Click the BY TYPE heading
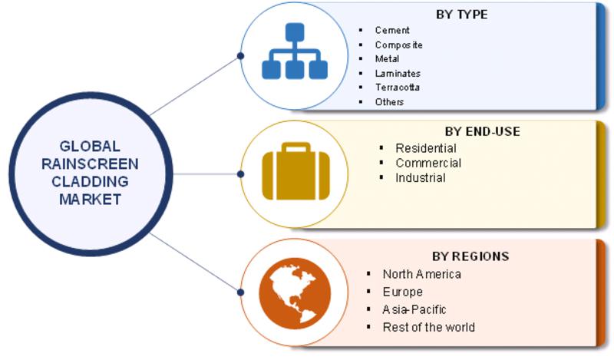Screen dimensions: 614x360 pyautogui.click(x=462, y=15)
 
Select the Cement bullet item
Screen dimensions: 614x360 pyautogui.click(x=392, y=30)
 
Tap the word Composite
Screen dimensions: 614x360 pyautogui.click(x=398, y=45)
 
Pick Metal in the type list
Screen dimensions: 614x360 pyautogui.click(x=387, y=59)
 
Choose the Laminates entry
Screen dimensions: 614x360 pyautogui.click(x=398, y=73)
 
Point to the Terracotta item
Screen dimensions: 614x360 pyautogui.click(x=397, y=88)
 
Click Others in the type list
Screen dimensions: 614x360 pyautogui.click(x=389, y=102)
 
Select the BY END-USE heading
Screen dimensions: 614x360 pyautogui.click(x=483, y=131)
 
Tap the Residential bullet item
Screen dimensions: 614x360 pyautogui.click(x=426, y=148)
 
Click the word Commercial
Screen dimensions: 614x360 pyautogui.click(x=428, y=163)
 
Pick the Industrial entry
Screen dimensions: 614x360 pyautogui.click(x=420, y=178)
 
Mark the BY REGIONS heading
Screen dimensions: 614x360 pyautogui.click(x=470, y=256)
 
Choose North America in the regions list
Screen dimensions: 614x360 pyautogui.click(x=421, y=274)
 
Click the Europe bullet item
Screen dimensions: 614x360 pyautogui.click(x=402, y=292)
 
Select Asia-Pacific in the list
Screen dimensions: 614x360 pyautogui.click(x=414, y=309)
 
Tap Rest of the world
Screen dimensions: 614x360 pyautogui.click(x=428, y=327)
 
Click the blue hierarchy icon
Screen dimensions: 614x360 pyautogui.click(x=295, y=51)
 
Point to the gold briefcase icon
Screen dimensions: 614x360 pyautogui.click(x=295, y=171)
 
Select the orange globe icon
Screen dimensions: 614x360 pyautogui.click(x=295, y=293)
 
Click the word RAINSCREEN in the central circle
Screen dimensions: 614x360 pyautogui.click(x=90, y=164)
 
